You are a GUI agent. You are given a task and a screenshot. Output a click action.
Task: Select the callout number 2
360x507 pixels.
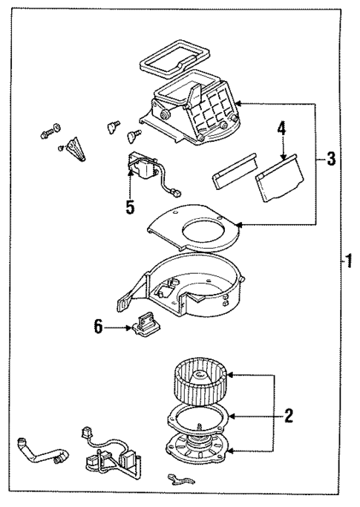point(288,415)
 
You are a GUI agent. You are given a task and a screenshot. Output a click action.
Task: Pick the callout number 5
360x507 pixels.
point(130,207)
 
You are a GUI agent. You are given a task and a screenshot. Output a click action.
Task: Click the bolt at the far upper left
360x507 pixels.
point(46,134)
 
